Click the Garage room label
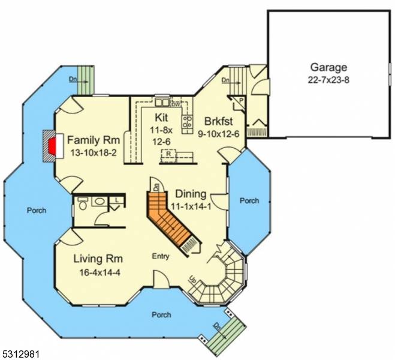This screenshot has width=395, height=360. click(x=328, y=67)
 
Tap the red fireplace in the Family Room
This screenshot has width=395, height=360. click(x=52, y=145)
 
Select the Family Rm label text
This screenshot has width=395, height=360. click(x=94, y=140)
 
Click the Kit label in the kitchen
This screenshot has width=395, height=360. click(x=161, y=116)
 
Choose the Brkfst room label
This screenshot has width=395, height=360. click(x=221, y=121)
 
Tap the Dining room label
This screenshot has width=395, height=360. click(x=191, y=194)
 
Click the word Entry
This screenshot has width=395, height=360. click(x=161, y=256)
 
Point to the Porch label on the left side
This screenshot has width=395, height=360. click(x=36, y=211)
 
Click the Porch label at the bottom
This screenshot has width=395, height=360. click(x=161, y=314)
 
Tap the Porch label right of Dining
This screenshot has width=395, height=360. click(x=249, y=200)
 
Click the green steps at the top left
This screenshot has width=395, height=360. click(x=86, y=79)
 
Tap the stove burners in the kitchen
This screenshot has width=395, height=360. click(x=187, y=123)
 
